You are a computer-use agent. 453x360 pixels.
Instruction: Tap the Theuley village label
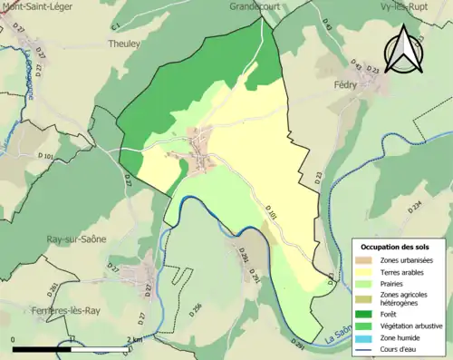point(124,43)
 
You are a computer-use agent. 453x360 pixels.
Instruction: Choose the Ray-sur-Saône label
point(76,239)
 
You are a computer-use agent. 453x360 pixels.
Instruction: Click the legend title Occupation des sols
point(397,247)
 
